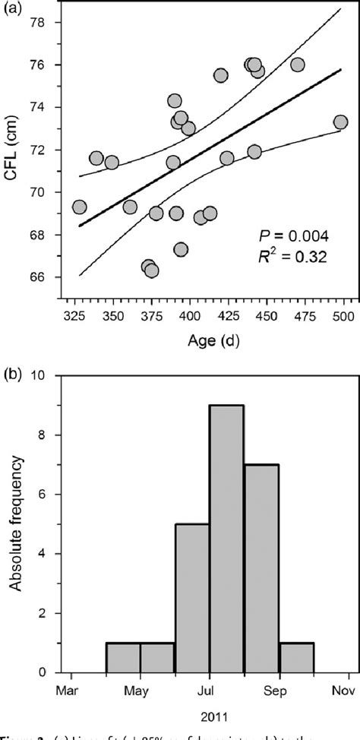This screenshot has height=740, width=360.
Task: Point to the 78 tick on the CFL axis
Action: click(37, 23)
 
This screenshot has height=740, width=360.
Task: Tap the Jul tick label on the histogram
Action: click(210, 690)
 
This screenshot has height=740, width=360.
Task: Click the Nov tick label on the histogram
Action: click(349, 690)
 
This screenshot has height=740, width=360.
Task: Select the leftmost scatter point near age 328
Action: click(79, 207)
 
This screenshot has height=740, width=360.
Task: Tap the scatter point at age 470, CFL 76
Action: click(298, 65)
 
